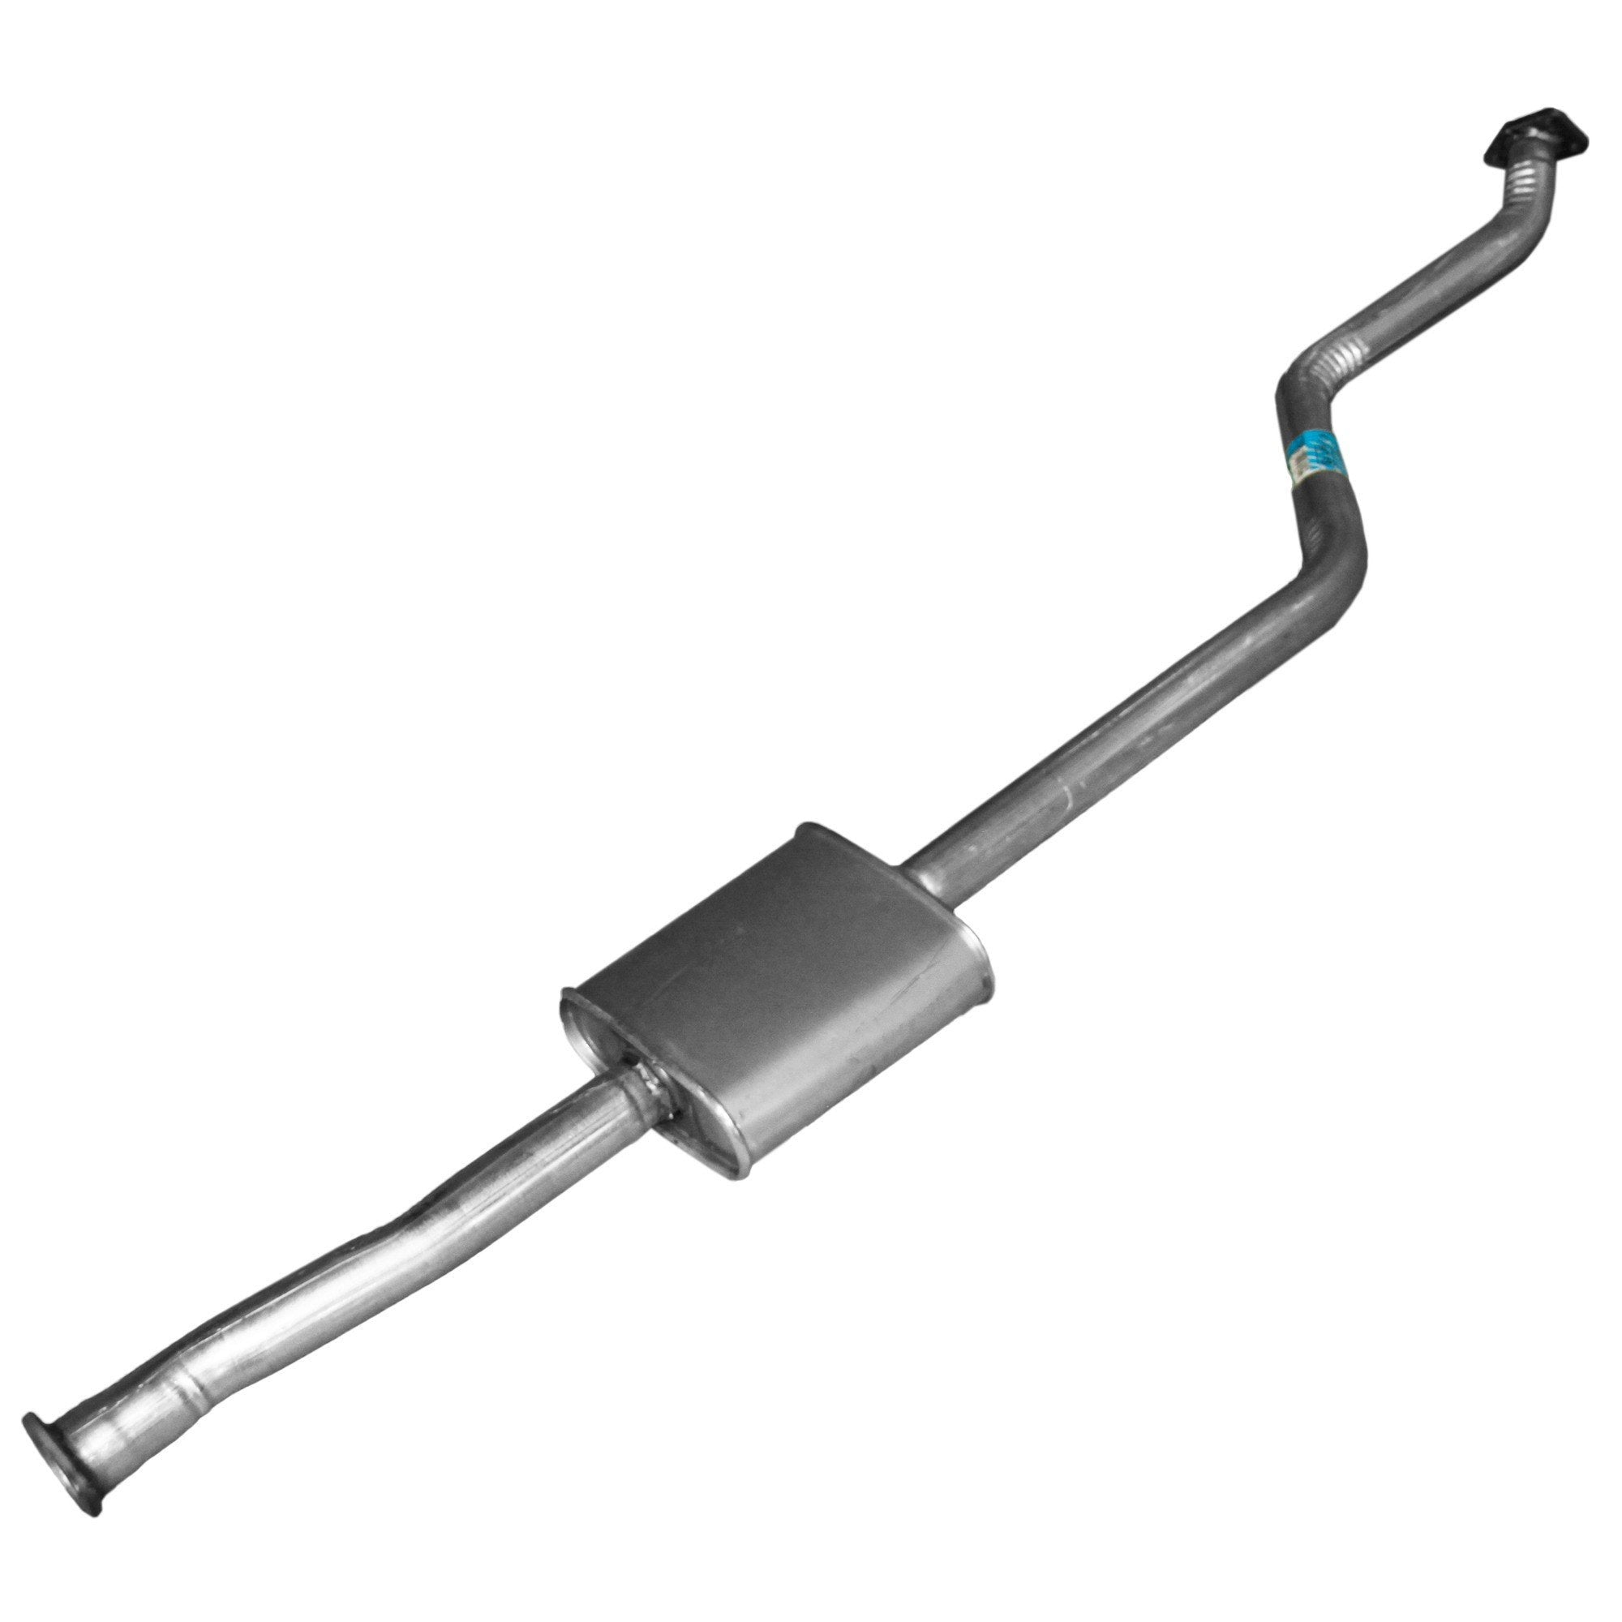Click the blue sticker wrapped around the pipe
pos(1312,459)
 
